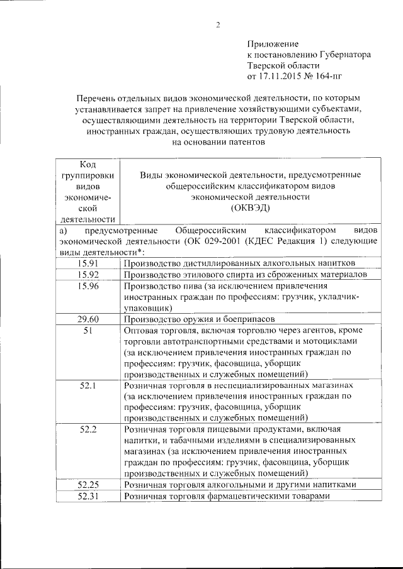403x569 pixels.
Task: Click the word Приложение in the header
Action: (273, 44)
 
